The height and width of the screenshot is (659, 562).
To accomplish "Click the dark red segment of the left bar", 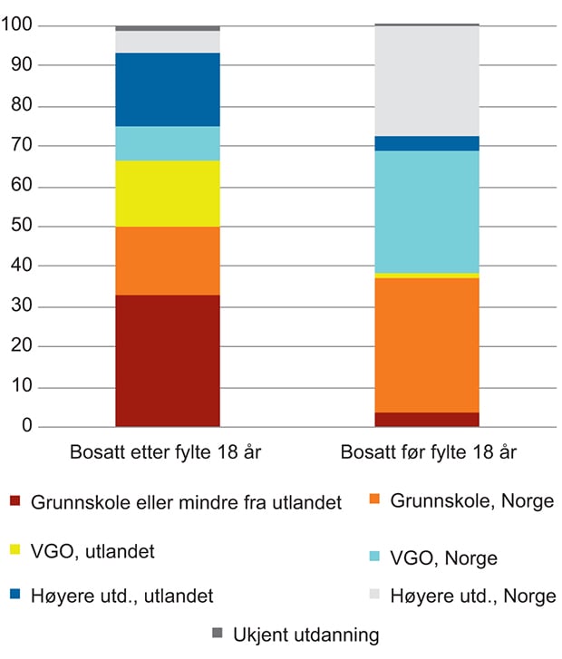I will [168, 360].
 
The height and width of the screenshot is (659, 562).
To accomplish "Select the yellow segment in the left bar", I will [168, 193].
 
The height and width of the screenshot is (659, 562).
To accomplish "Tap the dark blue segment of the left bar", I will [168, 89].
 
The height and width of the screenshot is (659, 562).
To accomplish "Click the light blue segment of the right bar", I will [427, 211].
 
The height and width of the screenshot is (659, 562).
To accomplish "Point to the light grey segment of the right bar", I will [427, 81].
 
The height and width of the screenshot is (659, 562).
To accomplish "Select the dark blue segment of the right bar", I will [427, 143].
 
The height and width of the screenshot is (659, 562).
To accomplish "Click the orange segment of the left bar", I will [168, 260].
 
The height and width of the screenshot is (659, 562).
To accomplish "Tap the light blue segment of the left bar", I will [168, 143].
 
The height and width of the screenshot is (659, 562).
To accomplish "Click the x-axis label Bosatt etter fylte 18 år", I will [168, 451].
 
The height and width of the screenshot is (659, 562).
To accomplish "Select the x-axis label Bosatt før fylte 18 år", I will [427, 451].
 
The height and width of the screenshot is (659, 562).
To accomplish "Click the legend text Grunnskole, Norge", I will [472, 500].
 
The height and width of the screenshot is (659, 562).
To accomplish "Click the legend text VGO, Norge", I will [443, 557].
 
